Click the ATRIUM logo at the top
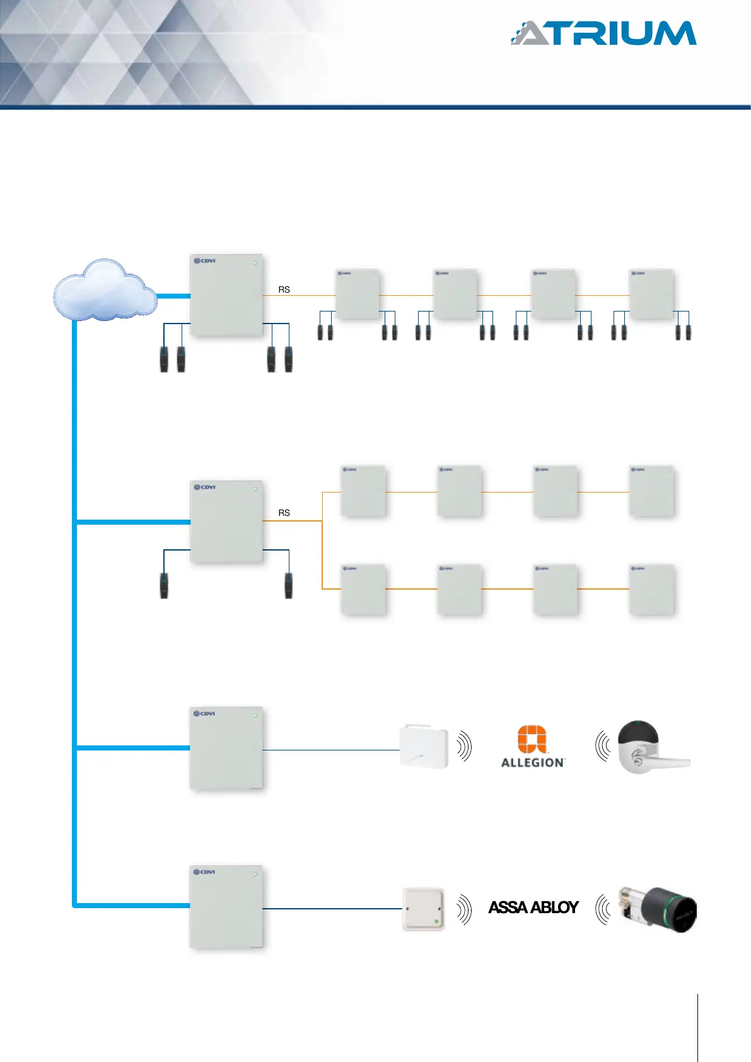tap(603, 33)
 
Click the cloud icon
tap(104, 291)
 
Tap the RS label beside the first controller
tap(284, 289)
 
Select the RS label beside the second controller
tap(284, 513)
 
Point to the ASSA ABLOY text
tap(533, 907)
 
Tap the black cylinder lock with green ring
tap(659, 908)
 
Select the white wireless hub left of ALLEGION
tap(424, 747)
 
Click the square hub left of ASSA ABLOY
tap(423, 909)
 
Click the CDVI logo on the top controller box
tap(205, 260)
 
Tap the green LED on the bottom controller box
tap(255, 874)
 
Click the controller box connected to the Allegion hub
tap(226, 748)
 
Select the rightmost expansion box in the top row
tap(652, 295)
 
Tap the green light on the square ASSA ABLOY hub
tap(436, 922)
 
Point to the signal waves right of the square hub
tap(464, 909)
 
